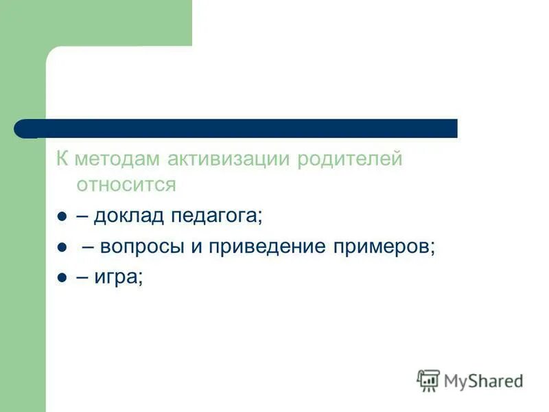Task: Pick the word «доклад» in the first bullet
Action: (130, 216)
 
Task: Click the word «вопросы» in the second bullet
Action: (143, 247)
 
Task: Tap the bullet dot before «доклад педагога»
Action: (61, 217)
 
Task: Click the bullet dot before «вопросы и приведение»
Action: (61, 248)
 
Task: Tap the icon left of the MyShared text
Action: (428, 380)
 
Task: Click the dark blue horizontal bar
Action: (247, 128)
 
